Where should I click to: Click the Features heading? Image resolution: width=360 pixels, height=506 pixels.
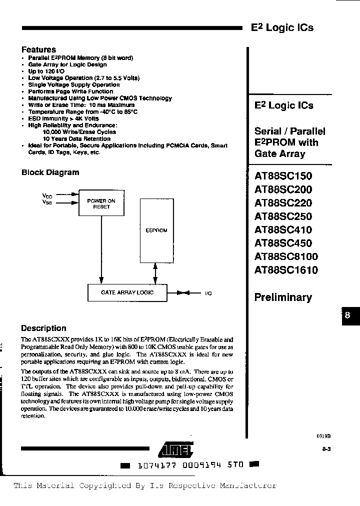(x=38, y=49)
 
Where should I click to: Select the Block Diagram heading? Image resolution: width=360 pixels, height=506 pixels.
(x=50, y=172)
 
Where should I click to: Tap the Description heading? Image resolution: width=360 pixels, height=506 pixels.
(x=43, y=328)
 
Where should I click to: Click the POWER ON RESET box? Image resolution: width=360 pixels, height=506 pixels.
(x=101, y=204)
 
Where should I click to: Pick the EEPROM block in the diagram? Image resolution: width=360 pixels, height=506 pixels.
(x=156, y=230)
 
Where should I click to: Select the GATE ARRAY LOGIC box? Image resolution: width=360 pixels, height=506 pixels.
(x=127, y=292)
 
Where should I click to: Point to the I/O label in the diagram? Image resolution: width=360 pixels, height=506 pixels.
(x=208, y=293)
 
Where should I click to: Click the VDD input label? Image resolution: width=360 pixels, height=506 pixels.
(x=46, y=196)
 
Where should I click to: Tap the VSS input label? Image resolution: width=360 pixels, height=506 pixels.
(x=46, y=202)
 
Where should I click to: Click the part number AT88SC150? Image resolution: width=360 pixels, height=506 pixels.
(x=283, y=176)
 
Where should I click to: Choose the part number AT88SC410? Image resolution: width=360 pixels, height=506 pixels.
(x=283, y=230)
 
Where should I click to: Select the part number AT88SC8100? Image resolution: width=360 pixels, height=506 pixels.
(x=286, y=257)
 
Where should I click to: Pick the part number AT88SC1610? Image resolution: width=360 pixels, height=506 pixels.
(x=286, y=270)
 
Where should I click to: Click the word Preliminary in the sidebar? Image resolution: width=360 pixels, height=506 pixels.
(x=283, y=297)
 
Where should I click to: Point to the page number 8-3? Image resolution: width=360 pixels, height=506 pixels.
(x=327, y=449)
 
